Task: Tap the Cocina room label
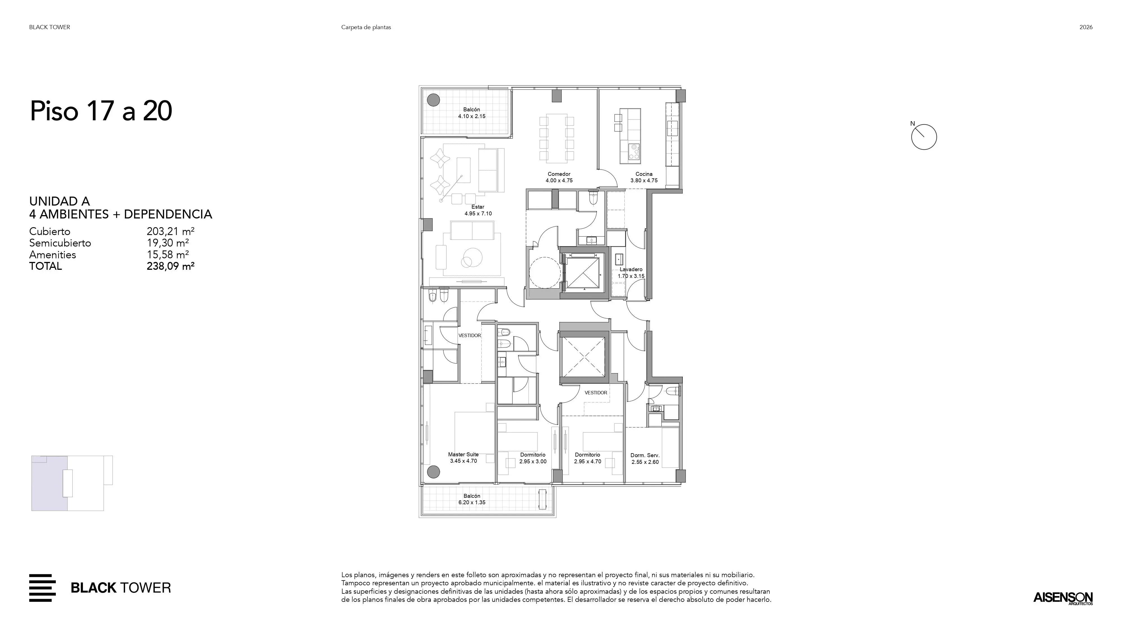click(644, 174)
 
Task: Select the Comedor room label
click(559, 174)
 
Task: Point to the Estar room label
click(478, 207)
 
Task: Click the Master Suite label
click(463, 454)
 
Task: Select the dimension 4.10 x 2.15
click(472, 116)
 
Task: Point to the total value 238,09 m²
click(170, 266)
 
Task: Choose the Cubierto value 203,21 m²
click(170, 231)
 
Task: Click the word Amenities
click(53, 255)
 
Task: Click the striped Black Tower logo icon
click(42, 588)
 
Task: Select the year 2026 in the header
click(1086, 27)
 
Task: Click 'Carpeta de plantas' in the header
click(366, 27)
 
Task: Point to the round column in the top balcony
click(433, 100)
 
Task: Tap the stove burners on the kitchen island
click(633, 151)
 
